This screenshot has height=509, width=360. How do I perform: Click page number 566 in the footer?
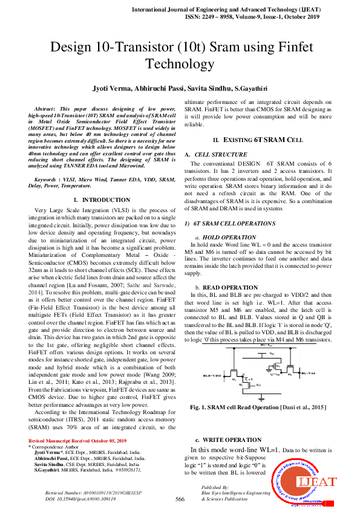[180, 499]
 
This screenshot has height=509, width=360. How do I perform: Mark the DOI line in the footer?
[81, 499]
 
